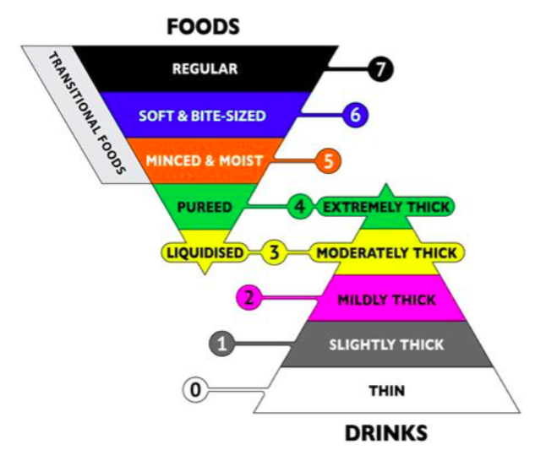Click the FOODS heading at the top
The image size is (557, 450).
(203, 27)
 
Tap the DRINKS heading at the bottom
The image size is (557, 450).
(386, 433)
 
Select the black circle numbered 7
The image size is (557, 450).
(380, 69)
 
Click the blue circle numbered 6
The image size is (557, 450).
(355, 115)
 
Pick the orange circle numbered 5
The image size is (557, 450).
(328, 161)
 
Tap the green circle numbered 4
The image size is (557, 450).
(300, 207)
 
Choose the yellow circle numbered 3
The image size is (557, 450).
(274, 252)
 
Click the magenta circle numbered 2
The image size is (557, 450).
(249, 297)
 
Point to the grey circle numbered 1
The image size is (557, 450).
(222, 344)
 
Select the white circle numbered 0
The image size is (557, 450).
(195, 390)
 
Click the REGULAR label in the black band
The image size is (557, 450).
(205, 69)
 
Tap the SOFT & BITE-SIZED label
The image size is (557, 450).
(202, 116)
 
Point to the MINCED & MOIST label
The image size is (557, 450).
(205, 160)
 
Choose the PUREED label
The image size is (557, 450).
(205, 207)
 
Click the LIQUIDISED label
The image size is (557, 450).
(205, 252)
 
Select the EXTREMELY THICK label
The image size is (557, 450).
(386, 207)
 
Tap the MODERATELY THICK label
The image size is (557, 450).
(386, 253)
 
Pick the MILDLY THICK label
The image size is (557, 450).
(386, 300)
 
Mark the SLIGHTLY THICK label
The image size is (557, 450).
(386, 345)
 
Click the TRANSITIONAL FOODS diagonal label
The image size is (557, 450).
(87, 113)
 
